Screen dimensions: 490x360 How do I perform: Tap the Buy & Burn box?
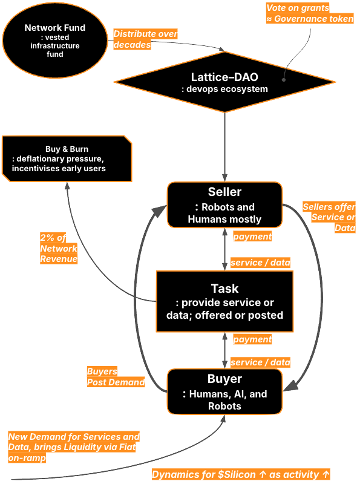coord(67,158)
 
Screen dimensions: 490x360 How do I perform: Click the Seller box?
coord(224,204)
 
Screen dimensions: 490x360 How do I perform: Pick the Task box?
coord(224,301)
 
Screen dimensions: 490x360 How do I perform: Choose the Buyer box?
coord(224,392)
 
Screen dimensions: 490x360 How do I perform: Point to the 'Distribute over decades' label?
coord(145,39)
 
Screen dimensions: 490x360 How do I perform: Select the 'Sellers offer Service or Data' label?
coord(329,218)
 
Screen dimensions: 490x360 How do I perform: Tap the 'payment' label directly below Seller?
coord(252,237)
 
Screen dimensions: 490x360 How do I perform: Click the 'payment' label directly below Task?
coord(252,339)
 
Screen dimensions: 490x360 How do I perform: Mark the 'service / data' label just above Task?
coord(260,263)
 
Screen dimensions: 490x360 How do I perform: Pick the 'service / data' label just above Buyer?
coord(260,362)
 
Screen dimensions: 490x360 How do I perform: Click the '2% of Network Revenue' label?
coord(59,248)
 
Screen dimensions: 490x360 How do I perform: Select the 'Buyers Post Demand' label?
coord(116,377)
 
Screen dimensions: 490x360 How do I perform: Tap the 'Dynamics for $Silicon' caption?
coord(241,474)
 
